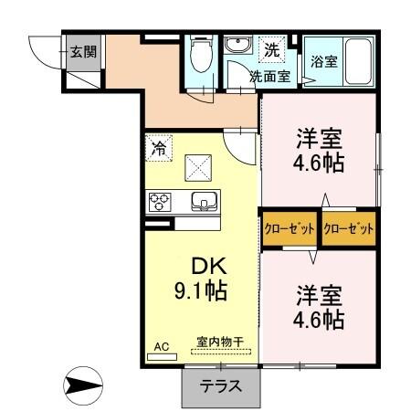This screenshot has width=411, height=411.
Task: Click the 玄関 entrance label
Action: [x=83, y=52]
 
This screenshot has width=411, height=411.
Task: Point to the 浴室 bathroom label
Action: [x=324, y=62]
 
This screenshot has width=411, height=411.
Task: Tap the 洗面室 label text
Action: [x=271, y=77]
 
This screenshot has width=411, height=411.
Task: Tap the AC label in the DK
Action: [x=162, y=346]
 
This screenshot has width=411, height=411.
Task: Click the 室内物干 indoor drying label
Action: [x=220, y=343]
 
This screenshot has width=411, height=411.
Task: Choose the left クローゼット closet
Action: [x=290, y=228]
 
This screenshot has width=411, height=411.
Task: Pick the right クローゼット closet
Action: [x=349, y=228]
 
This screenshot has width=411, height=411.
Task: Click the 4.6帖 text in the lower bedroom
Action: [x=319, y=321]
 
